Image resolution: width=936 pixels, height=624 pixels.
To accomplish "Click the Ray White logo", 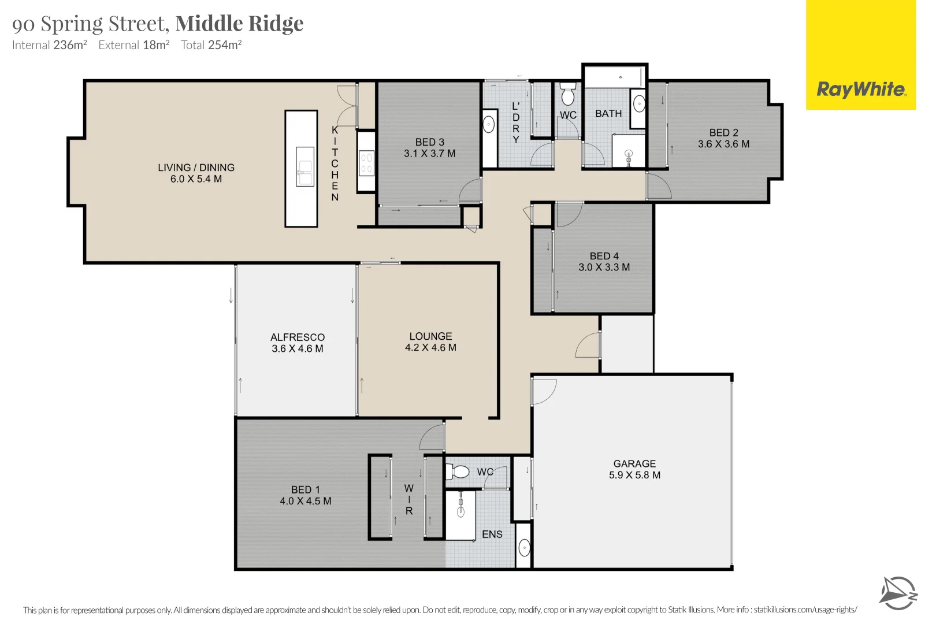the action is coord(861,55).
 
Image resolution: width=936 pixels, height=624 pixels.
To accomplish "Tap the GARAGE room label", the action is coord(634,463).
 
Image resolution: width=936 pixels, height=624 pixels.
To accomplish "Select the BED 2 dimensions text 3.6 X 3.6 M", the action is coord(724,144).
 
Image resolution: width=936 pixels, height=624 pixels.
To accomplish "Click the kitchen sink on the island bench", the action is coord(304,166).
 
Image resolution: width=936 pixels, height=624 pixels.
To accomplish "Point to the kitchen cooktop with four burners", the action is coord(366,163).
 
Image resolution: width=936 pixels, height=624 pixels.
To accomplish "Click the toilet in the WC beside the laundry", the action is coord(567,94).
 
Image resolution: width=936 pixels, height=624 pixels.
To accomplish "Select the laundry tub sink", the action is coord(488,125).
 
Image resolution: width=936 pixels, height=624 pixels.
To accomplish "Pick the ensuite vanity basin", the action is coord(524,548).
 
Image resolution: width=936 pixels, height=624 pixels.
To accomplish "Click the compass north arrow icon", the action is coord(898,593).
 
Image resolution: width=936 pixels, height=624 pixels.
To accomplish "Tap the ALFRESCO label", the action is coord(298,337).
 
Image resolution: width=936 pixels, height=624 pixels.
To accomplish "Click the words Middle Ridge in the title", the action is coord(239,23).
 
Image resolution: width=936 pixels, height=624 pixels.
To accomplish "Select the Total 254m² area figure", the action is coord(211,45).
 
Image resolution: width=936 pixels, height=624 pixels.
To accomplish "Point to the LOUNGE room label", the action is coord(430,336).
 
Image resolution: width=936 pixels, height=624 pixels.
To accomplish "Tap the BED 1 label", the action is coord(306,490).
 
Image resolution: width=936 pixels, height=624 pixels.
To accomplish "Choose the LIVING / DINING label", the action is coord(196,168).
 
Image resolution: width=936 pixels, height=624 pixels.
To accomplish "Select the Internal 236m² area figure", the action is coord(49,45).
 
